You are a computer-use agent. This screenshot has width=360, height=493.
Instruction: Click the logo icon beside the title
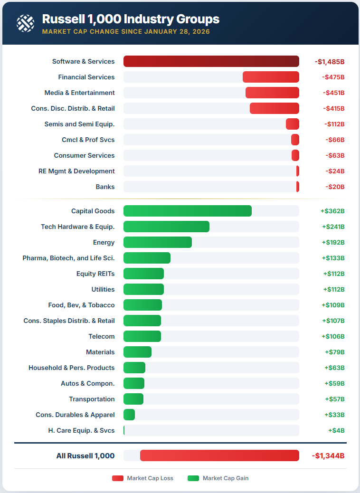click(x=25, y=22)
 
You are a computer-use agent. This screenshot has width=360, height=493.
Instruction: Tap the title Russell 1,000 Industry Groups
click(x=131, y=19)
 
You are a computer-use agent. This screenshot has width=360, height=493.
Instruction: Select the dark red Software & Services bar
click(x=211, y=61)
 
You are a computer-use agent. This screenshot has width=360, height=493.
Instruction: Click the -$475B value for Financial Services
click(x=333, y=77)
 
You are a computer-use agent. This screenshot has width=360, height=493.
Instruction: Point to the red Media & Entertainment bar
click(x=272, y=93)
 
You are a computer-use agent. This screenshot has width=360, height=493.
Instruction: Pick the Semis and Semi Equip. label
click(x=79, y=124)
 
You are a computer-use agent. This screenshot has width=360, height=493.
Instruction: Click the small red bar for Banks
click(x=298, y=187)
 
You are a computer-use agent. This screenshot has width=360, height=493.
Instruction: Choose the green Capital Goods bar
click(x=188, y=211)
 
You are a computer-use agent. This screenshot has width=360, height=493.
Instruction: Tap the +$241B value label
click(x=333, y=227)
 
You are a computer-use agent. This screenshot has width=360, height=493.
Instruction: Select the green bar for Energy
click(x=158, y=242)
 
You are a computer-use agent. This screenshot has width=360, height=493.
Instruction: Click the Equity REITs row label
click(x=95, y=274)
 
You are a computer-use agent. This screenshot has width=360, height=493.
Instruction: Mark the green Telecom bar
click(x=142, y=336)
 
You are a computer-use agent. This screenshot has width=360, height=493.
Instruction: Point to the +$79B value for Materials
click(x=334, y=352)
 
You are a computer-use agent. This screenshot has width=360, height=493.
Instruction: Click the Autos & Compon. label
click(x=87, y=383)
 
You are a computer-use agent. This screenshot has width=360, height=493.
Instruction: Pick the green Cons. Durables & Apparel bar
click(x=129, y=415)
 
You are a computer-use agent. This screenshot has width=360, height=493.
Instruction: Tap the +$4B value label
click(x=336, y=430)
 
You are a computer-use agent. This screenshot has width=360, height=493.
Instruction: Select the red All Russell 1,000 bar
click(x=219, y=455)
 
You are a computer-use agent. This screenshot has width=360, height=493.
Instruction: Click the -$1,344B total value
click(x=328, y=456)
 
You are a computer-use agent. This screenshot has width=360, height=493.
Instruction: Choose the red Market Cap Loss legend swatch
click(x=118, y=478)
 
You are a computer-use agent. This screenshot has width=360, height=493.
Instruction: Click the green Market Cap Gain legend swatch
click(x=193, y=478)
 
